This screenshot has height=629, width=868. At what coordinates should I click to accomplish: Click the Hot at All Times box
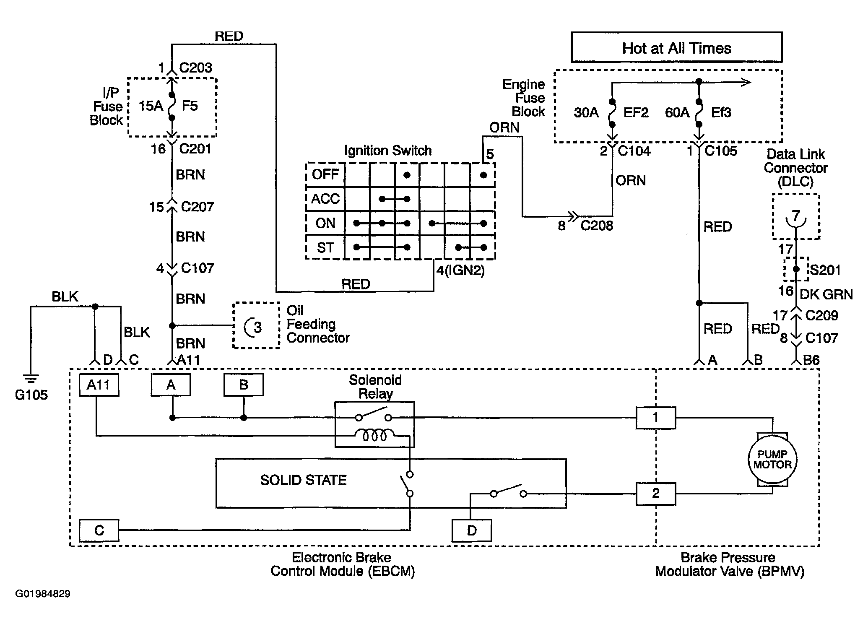point(676,47)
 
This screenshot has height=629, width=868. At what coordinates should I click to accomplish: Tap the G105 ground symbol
point(31,379)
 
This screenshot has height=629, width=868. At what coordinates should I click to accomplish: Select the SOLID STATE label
point(303,480)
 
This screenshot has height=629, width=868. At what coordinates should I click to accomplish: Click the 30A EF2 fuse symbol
point(612,113)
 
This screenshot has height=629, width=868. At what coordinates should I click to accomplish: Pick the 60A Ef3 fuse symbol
point(699,113)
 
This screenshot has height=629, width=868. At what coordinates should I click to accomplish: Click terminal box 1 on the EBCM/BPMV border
point(656,417)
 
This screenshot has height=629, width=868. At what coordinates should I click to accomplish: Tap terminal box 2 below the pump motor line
point(656,494)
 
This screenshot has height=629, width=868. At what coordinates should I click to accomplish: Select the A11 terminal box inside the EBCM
point(99,385)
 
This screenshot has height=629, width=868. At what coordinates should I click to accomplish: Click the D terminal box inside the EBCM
point(472,530)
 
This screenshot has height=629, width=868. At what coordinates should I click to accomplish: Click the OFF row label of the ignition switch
point(325,174)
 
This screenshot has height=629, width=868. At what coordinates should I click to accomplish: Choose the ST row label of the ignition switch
point(325,247)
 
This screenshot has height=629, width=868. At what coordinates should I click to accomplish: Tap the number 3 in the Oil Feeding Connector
point(258,327)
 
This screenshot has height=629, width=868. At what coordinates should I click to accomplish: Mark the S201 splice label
point(825,270)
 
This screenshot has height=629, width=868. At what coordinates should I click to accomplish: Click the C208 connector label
point(597,226)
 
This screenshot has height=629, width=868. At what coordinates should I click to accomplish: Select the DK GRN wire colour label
point(826,294)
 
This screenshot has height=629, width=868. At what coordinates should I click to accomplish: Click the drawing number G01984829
point(43,594)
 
